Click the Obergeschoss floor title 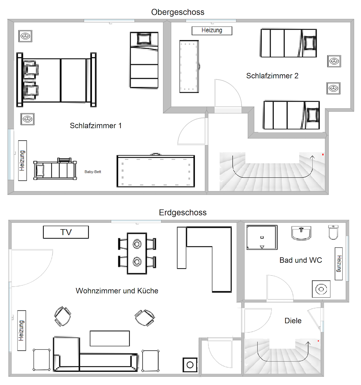pyautogui.click(x=178, y=12)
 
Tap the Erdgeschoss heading pyautogui.click(x=183, y=213)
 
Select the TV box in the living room pyautogui.click(x=66, y=232)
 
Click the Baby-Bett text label pyautogui.click(x=93, y=172)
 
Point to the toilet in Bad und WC pyautogui.click(x=333, y=232)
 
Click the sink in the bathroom pyautogui.click(x=301, y=233)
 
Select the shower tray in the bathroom pyautogui.click(x=262, y=237)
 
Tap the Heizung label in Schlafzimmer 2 pyautogui.click(x=212, y=31)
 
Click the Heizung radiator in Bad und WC pyautogui.click(x=339, y=264)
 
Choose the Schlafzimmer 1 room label pyautogui.click(x=96, y=126)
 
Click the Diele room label pyautogui.click(x=293, y=321)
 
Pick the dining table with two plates pyautogui.click(x=137, y=253)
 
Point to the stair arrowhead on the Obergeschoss pyautogui.click(x=312, y=157)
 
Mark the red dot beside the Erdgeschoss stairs pyautogui.click(x=318, y=341)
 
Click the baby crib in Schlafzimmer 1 pyautogui.click(x=55, y=169)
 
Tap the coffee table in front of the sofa pyautogui.click(x=110, y=338)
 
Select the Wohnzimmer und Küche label pyautogui.click(x=117, y=291)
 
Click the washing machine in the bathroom pyautogui.click(x=321, y=289)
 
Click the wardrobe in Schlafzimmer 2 pyautogui.click(x=189, y=66)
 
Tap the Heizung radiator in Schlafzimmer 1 pyautogui.click(x=23, y=160)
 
